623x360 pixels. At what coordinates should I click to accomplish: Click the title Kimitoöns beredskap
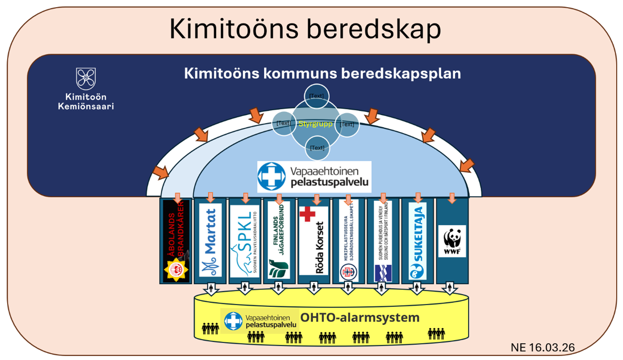click(305, 29)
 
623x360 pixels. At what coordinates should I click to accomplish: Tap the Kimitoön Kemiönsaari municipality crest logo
click(86, 79)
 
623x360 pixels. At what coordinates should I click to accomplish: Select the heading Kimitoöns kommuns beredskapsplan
click(322, 74)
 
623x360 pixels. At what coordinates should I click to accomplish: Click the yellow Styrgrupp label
click(316, 123)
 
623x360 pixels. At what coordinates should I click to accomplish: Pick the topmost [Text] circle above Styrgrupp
click(317, 96)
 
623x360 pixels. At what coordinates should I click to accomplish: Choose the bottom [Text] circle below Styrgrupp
click(317, 148)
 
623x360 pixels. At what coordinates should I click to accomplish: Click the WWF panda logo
click(452, 241)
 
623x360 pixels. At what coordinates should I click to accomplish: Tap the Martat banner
click(211, 239)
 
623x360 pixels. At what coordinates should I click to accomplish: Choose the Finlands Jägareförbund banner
click(279, 239)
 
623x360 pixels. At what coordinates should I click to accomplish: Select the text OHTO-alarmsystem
click(360, 318)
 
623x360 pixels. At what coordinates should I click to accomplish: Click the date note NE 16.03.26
click(543, 347)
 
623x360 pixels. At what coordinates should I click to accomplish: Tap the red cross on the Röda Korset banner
click(308, 214)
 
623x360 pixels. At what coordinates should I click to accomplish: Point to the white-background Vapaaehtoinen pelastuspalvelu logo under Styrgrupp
click(314, 177)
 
